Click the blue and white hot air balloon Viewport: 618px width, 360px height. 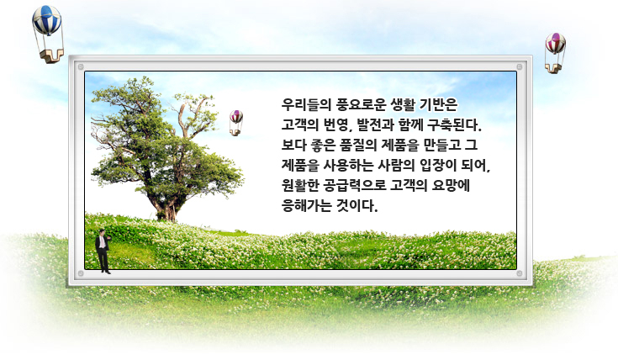click(47, 20)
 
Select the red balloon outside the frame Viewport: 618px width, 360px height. click(555, 43)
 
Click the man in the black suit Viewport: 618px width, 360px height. click(103, 249)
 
